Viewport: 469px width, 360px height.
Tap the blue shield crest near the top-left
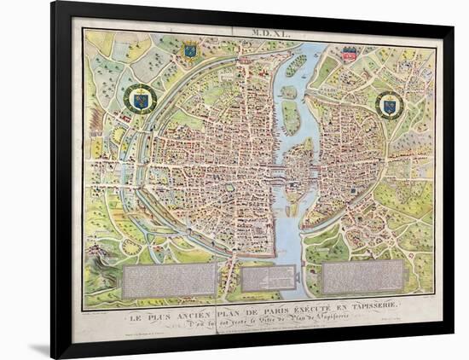190,51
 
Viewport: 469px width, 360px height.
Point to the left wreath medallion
140,100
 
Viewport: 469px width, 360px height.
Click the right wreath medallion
390,105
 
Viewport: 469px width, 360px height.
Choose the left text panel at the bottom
169,280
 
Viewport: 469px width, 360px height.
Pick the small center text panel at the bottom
268,277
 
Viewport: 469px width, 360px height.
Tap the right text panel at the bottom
363,276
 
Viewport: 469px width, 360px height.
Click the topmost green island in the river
295,65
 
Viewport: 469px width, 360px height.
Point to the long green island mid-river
291,118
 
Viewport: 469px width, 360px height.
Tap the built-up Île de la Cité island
295,162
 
